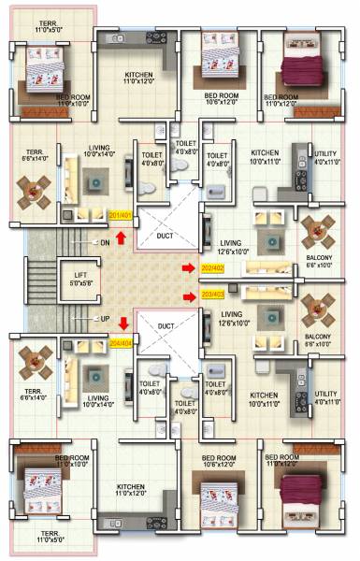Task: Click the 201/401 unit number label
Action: coord(122,216)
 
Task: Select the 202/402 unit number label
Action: coord(213,267)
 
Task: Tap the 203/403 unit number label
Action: coord(213,295)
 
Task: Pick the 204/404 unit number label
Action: coord(122,342)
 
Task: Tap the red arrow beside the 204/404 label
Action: coord(122,324)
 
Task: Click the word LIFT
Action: coord(80,275)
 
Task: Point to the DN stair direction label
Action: coord(105,243)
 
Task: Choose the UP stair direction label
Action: coord(105,318)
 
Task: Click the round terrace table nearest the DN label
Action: coord(36,194)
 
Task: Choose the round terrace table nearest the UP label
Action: coord(36,360)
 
